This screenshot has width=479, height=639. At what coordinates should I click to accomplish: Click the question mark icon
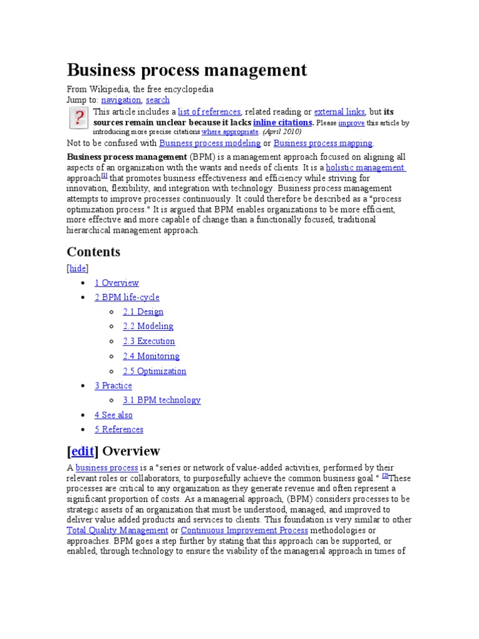click(x=78, y=118)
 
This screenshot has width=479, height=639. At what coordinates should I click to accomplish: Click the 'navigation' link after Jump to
click(x=121, y=100)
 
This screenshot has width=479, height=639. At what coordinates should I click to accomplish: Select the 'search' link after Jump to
click(x=158, y=100)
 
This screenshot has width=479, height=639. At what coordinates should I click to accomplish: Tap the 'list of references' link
click(x=209, y=112)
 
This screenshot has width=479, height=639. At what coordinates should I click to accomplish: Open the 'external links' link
click(x=339, y=112)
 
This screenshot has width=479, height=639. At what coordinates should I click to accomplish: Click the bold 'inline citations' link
click(x=283, y=122)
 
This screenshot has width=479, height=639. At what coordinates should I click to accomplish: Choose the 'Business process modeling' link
click(x=210, y=143)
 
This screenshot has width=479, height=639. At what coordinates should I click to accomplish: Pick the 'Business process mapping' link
click(x=323, y=143)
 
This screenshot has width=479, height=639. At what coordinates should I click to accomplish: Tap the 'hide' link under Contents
click(x=78, y=268)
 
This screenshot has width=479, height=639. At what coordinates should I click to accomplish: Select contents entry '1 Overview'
click(x=117, y=283)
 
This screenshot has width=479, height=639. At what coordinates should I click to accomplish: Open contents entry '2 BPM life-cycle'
click(x=127, y=297)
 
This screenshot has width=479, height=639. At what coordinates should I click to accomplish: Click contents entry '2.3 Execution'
click(x=148, y=341)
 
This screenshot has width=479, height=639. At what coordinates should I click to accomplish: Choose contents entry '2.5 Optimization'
click(x=154, y=371)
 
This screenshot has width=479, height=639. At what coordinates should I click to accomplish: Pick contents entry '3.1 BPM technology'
click(x=162, y=400)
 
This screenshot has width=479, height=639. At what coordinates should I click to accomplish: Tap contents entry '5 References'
click(x=119, y=429)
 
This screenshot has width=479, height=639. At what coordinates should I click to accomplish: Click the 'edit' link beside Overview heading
click(x=82, y=451)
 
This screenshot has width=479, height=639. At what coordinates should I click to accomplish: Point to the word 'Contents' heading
click(x=94, y=252)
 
